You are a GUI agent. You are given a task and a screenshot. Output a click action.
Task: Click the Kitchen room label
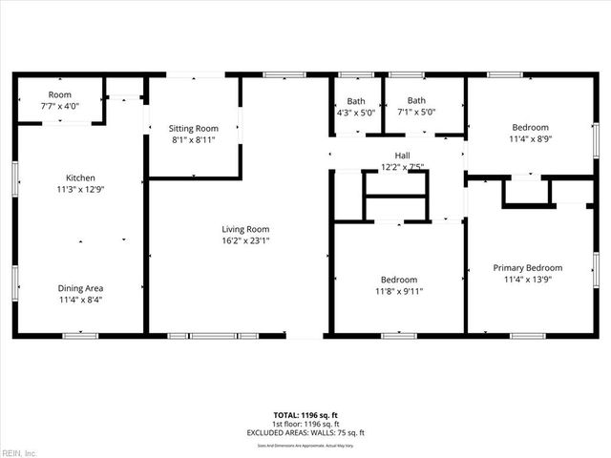[80, 177]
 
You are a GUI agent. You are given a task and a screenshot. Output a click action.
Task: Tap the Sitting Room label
[194, 128]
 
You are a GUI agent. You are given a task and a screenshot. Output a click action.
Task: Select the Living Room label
[245, 229]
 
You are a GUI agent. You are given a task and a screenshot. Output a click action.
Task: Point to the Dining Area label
[80, 288]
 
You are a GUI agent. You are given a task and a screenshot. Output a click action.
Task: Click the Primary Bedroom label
[528, 268]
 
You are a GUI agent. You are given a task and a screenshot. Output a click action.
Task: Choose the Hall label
[402, 156]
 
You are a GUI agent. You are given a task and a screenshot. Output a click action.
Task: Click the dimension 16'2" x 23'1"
[245, 241]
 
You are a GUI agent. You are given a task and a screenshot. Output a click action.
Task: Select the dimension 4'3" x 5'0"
[356, 113]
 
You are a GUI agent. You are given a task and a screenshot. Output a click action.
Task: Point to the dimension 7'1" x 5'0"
[416, 113]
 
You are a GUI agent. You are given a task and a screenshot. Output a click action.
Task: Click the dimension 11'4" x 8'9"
[530, 139]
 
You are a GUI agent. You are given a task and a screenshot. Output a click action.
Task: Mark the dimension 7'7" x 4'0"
[60, 106]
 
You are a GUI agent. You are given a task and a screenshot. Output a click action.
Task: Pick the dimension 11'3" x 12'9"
[80, 190]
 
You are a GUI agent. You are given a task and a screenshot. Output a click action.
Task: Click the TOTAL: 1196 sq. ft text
[305, 415]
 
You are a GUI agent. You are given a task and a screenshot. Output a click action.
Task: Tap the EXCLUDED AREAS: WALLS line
[305, 432]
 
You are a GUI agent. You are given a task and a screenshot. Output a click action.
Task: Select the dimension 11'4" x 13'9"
[528, 281]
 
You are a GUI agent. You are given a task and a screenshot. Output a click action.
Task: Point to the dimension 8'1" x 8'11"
[194, 140]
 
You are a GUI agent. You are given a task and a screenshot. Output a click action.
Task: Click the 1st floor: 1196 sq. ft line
[305, 424]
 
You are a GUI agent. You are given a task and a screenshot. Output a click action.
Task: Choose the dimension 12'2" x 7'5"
[402, 167]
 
